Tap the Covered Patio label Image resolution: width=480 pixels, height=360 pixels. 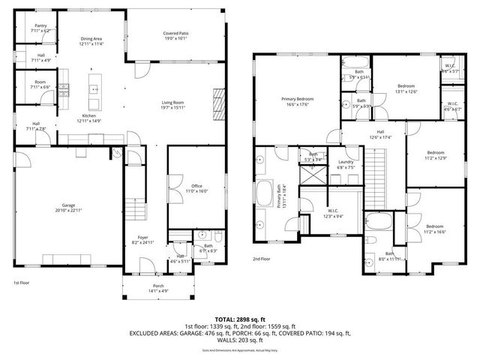175,34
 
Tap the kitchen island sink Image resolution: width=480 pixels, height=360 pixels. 95,88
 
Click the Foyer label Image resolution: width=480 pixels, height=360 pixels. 142,238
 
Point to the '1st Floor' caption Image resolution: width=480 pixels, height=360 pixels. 22,283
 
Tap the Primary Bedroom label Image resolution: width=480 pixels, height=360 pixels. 298,99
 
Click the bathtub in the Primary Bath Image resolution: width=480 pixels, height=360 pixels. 265,193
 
